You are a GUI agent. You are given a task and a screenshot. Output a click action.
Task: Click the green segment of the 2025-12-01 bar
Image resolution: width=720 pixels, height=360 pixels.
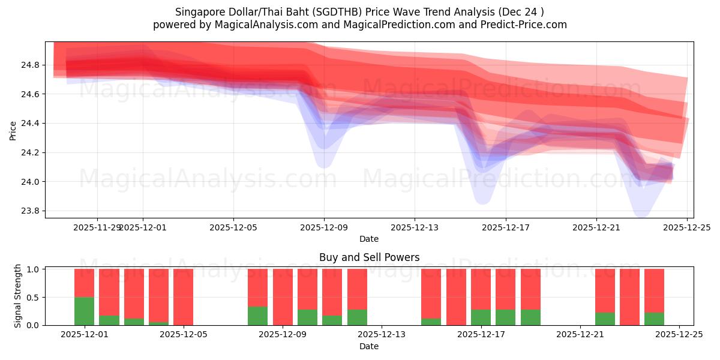[84, 311]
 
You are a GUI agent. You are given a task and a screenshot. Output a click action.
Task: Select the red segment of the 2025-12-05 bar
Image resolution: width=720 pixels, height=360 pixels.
[183, 296]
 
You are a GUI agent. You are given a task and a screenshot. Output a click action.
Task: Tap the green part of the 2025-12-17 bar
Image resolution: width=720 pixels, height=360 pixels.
[481, 317]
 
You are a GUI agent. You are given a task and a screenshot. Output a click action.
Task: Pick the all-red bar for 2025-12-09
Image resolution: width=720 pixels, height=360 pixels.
[283, 297]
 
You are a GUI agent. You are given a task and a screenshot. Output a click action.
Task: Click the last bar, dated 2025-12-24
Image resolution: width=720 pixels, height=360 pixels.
[654, 297]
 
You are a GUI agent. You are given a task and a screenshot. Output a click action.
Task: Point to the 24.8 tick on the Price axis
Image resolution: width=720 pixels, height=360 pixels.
[31, 65]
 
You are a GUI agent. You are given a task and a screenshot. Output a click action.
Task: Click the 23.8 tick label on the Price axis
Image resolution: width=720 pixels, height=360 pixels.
[31, 211]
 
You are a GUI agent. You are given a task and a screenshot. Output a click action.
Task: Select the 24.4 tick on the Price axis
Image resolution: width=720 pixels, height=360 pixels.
[31, 124]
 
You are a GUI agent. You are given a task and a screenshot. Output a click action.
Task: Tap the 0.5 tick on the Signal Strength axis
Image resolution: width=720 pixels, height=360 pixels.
[31, 298]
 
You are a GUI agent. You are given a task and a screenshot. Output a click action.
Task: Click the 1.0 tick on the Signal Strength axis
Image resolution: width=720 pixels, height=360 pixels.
[31, 269]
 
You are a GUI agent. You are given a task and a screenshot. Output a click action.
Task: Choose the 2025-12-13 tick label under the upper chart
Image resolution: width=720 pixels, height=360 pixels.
[415, 228]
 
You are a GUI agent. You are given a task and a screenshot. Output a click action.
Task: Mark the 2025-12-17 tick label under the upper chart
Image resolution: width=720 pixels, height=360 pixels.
[505, 228]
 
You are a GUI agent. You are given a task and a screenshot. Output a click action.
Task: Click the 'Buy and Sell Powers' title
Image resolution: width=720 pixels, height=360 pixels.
[369, 258]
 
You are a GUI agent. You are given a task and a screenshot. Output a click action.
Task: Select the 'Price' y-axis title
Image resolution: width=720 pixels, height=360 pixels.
[13, 130]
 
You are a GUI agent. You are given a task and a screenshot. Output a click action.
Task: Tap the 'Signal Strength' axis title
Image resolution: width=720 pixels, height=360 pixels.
[18, 296]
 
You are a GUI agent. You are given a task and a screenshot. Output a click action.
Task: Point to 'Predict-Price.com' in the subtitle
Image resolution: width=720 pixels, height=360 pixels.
[523, 25]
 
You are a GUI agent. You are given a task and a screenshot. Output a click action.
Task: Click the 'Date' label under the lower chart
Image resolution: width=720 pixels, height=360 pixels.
[369, 346]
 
